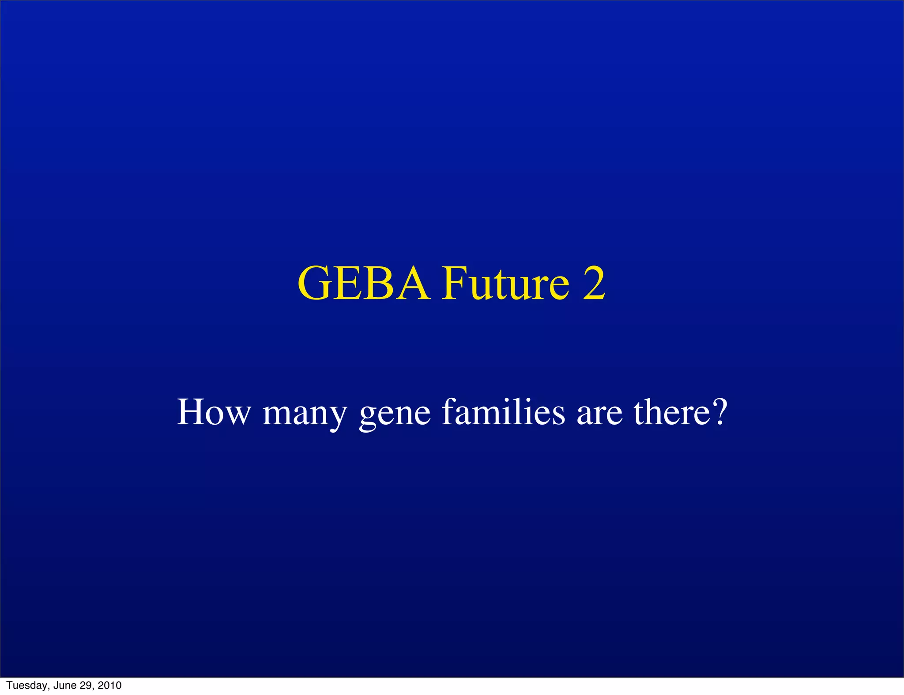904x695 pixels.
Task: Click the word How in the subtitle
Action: tap(214, 412)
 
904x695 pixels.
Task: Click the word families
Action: tap(503, 412)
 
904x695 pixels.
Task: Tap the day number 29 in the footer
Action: tap(86, 685)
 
